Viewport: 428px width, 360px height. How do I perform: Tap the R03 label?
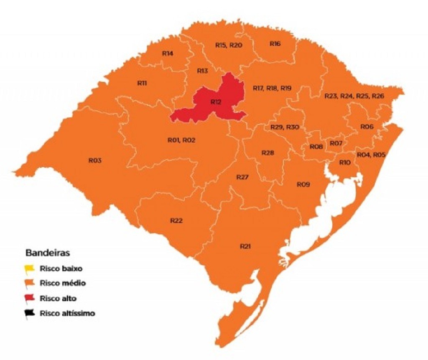coord(95,160)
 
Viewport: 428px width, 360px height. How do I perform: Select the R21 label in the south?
coord(245,246)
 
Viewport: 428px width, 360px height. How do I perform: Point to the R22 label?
coord(176,221)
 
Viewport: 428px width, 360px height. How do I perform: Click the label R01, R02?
coord(181,140)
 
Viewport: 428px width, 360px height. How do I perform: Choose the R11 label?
coord(142,83)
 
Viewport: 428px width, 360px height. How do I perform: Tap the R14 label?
coord(168,53)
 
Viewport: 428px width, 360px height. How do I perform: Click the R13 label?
coord(202,71)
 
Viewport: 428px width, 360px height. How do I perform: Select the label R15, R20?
coord(229,45)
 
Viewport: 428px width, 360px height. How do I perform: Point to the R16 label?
coord(275,44)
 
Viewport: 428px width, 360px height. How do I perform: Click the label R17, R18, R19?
coord(272,88)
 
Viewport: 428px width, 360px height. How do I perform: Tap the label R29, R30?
coord(285,127)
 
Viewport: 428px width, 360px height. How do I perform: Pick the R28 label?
coord(267,153)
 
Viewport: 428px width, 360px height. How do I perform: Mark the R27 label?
coord(242,177)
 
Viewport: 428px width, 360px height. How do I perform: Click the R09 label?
coord(303,184)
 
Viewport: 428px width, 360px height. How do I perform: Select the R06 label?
coord(367,127)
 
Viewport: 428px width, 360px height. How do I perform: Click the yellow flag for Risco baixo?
coord(29,268)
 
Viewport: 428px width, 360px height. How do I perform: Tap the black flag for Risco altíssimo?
coord(29,313)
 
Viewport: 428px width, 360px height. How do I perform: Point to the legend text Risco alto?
coord(58,298)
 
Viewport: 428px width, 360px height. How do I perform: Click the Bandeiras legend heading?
coord(48,253)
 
